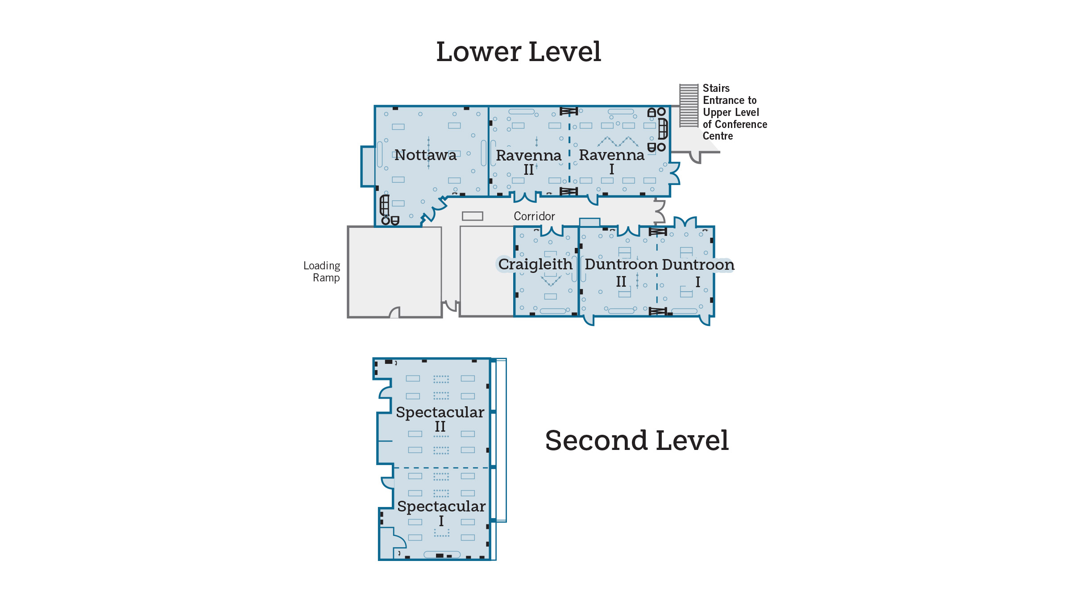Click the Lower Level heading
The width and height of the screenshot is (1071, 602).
(519, 52)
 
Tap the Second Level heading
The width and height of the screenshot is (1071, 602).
(637, 441)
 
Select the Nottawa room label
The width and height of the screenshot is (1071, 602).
(425, 155)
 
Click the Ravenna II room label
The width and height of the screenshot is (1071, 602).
(529, 161)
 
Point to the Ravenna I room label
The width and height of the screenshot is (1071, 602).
(612, 161)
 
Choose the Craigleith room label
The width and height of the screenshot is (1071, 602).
(535, 264)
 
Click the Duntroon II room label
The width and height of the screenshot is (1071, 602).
(621, 272)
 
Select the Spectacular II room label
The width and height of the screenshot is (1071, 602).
(440, 418)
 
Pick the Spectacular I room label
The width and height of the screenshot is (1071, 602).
(441, 512)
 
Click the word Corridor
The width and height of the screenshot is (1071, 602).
(534, 216)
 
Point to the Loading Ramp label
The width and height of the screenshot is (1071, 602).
(322, 272)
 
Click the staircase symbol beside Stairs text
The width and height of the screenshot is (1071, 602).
(689, 106)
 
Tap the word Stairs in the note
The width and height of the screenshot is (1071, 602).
(716, 88)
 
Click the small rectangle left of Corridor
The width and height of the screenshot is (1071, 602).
(473, 216)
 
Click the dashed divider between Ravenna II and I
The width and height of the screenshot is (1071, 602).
(569, 152)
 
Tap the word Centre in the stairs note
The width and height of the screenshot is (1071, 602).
(718, 136)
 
